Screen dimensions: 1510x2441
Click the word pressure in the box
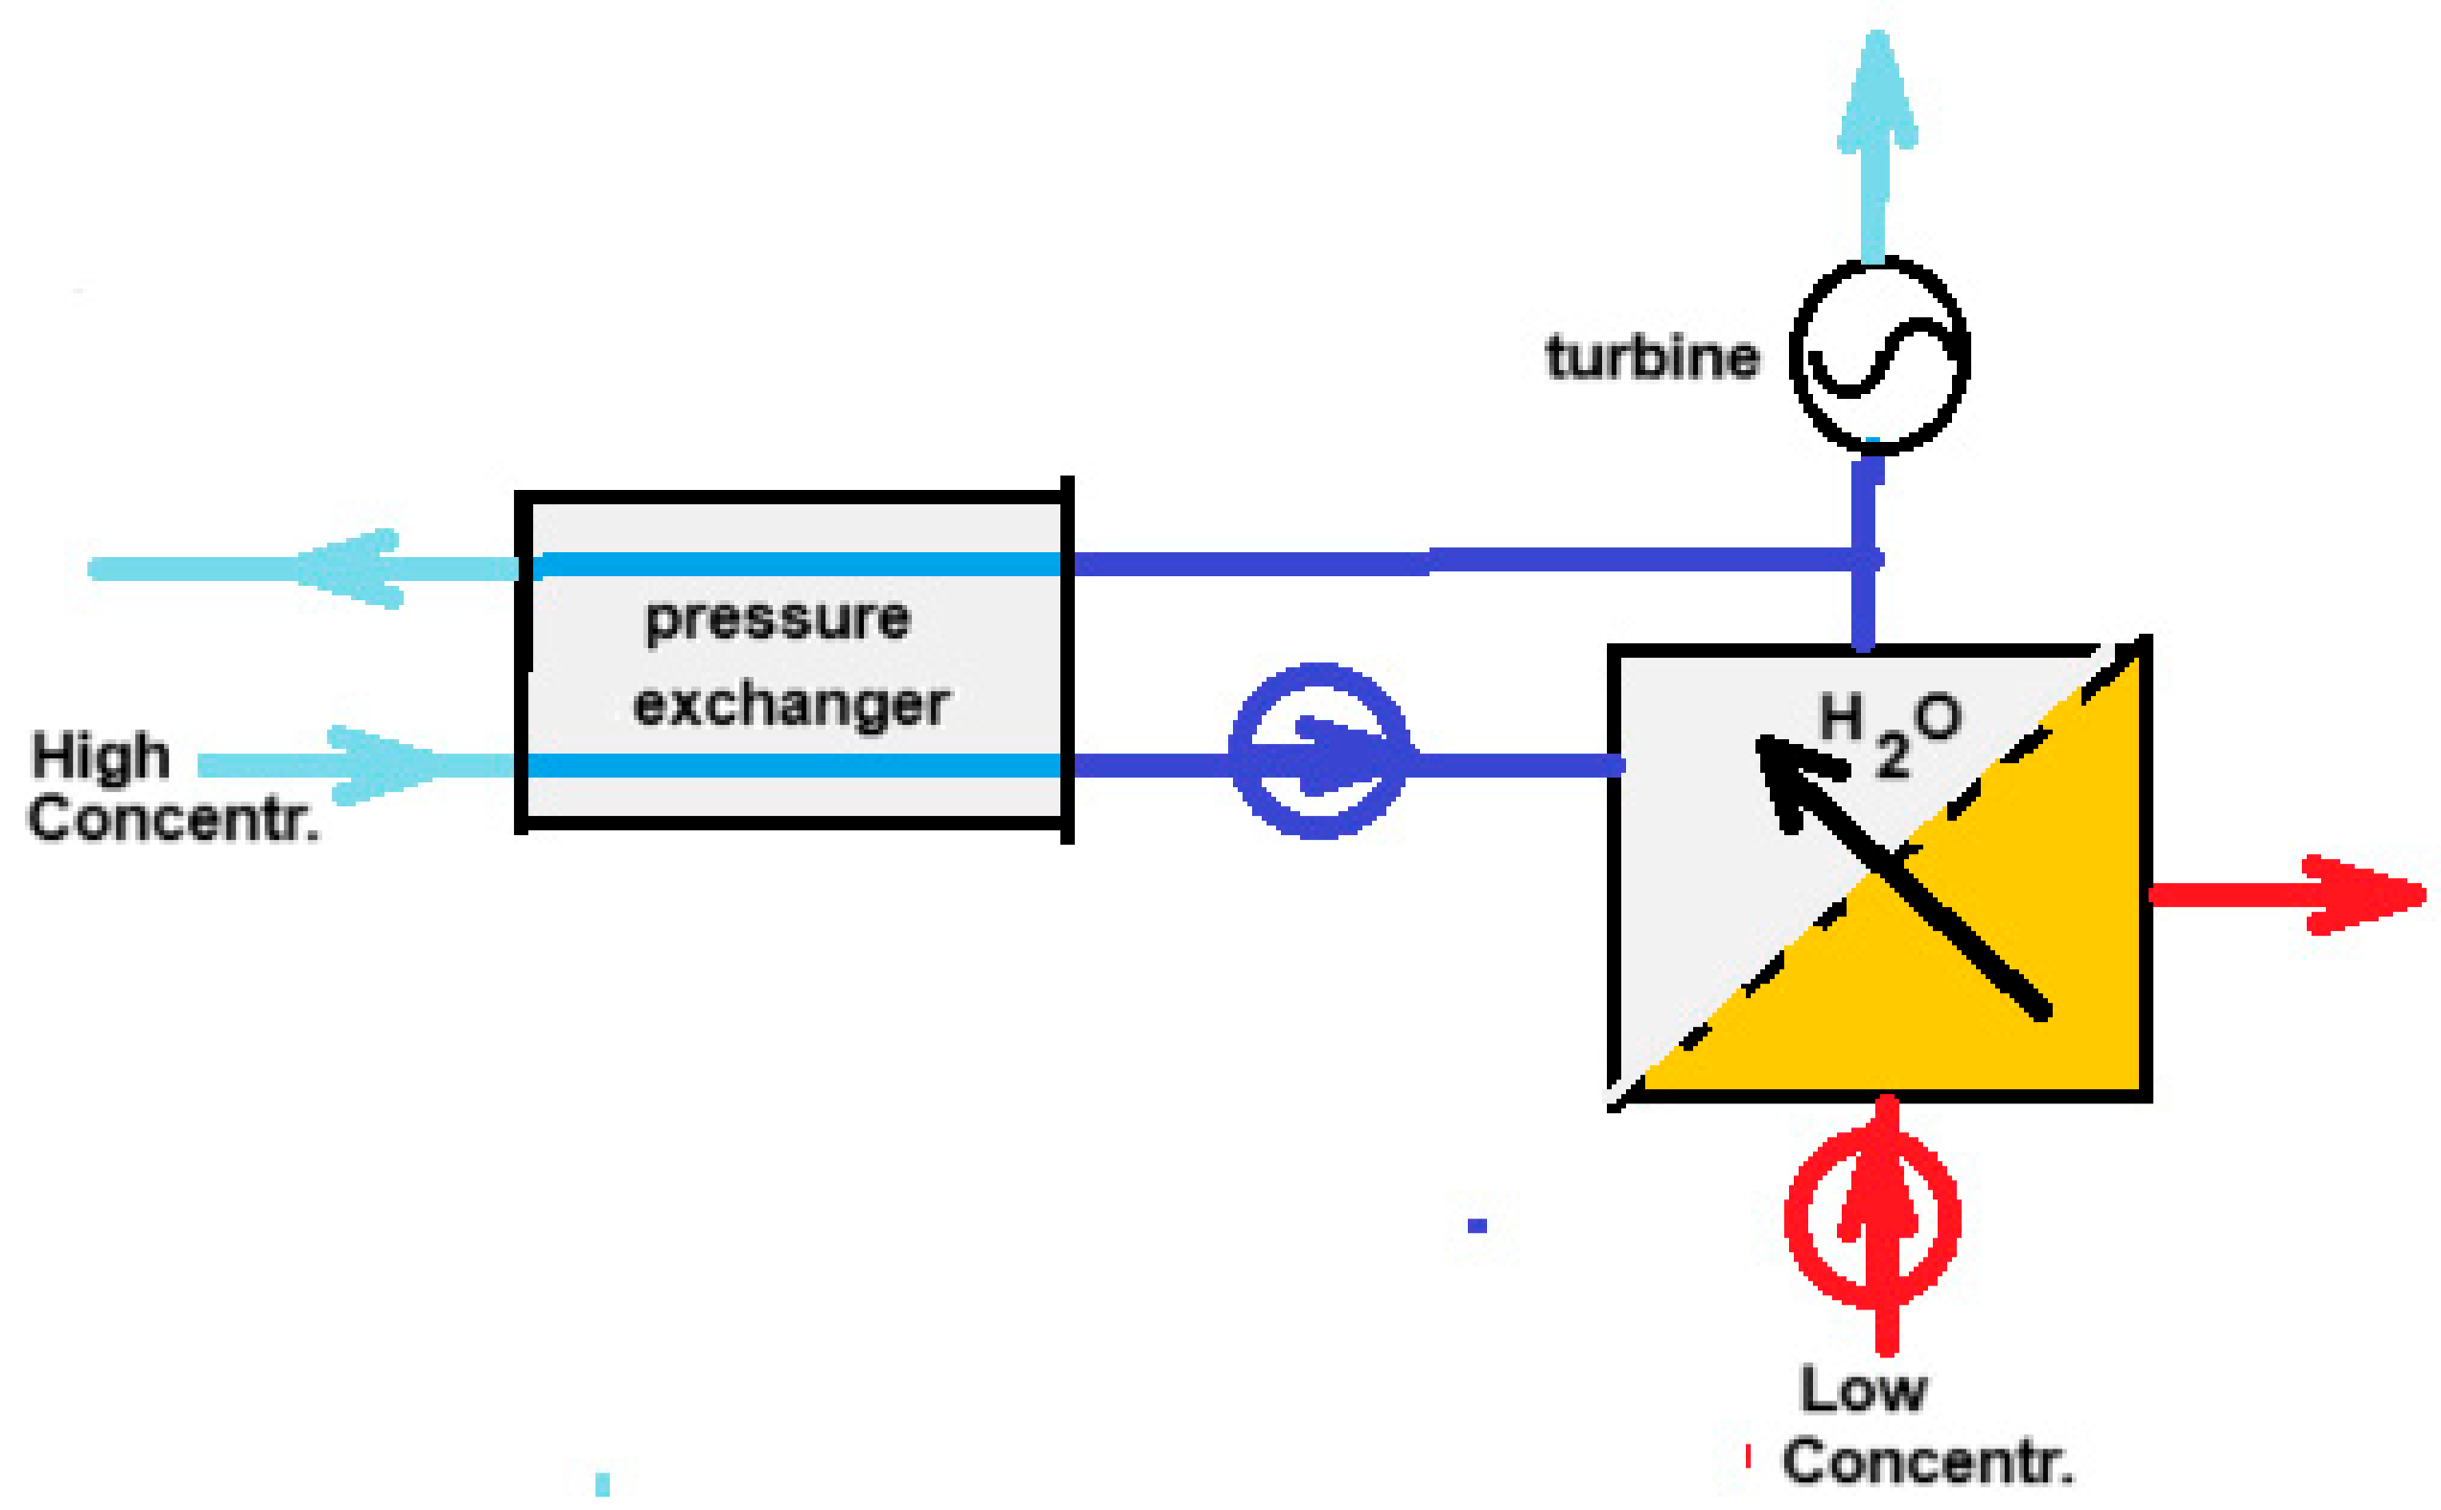[x=779, y=619]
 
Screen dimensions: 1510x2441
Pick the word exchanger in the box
[x=791, y=705]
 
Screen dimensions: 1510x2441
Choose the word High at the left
[x=100, y=757]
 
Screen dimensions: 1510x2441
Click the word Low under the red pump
[x=1864, y=1389]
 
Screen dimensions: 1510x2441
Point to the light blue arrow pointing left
[x=300, y=569]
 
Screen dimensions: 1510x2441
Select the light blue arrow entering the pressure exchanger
[x=360, y=766]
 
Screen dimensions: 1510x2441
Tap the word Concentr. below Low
[x=1928, y=1463]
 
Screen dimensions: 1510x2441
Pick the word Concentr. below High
[x=173, y=820]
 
